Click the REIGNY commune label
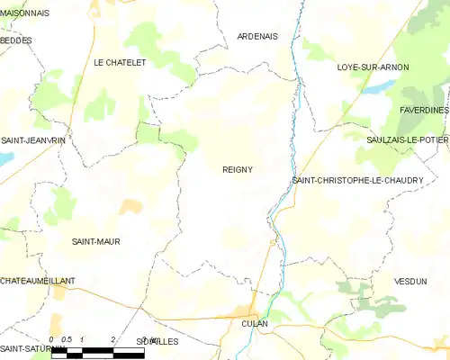point(238,169)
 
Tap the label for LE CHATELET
point(120,62)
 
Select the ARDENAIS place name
point(257,36)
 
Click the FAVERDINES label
point(423,110)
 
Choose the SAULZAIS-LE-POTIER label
point(408,141)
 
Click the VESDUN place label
point(409,282)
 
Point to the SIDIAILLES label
point(157,342)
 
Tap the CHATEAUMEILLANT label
point(38,282)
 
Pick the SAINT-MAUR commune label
point(95,241)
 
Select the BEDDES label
point(16,40)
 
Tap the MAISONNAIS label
point(25,13)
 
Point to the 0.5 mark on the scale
point(67,339)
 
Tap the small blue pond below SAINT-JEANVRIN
point(5,157)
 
